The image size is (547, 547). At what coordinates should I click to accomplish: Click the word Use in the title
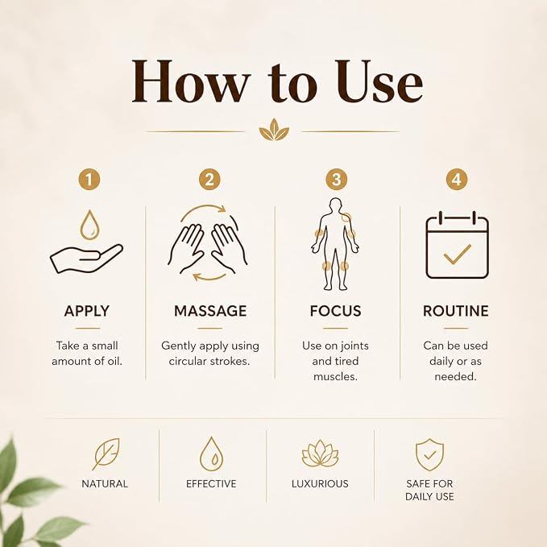[379, 81]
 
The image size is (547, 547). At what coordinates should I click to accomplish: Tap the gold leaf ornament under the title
[274, 130]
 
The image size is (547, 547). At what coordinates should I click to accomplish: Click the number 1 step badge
[89, 180]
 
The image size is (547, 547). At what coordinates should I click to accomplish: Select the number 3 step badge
[336, 180]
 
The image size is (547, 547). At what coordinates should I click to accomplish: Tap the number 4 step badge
[457, 180]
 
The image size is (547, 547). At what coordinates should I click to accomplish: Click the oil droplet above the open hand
[89, 225]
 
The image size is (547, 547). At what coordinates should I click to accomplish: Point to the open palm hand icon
[86, 259]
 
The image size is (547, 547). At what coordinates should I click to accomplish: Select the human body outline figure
[335, 244]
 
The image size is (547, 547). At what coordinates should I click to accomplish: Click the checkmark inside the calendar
[458, 254]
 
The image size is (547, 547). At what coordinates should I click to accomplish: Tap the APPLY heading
[87, 311]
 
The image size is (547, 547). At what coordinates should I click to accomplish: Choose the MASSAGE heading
[210, 311]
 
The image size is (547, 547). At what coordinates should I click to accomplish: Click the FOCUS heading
[336, 311]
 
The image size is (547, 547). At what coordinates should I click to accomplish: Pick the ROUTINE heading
[456, 311]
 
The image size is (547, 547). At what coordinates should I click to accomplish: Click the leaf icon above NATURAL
[106, 454]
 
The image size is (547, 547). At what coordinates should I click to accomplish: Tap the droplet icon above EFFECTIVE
[211, 454]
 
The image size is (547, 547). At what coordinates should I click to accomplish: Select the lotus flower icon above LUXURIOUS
[320, 454]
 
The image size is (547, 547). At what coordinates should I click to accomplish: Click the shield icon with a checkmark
[430, 454]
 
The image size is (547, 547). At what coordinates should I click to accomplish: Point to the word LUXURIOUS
[320, 483]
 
